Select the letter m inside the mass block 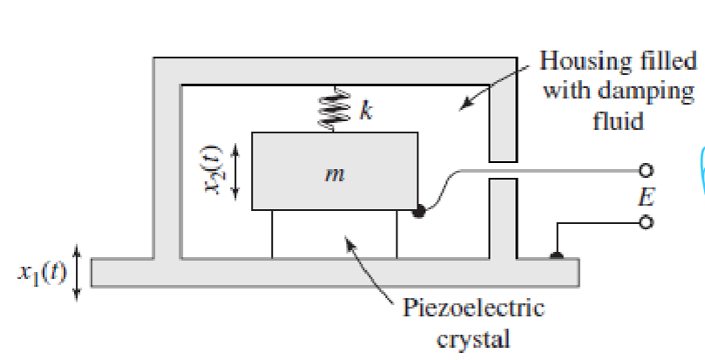coord(332,174)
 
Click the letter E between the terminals coord(646,196)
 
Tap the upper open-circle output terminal coord(647,170)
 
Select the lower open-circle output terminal coord(647,222)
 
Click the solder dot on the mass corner coord(419,210)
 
